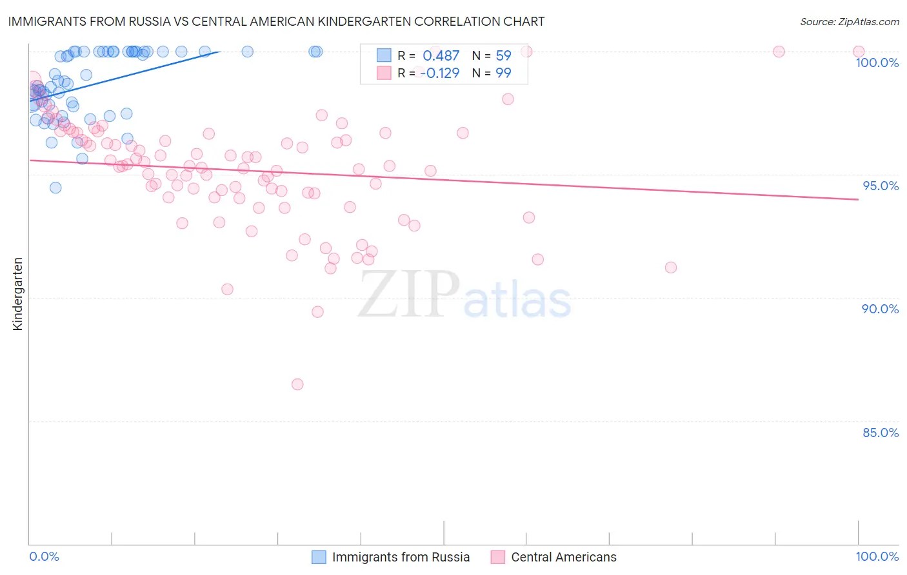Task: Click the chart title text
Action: (x=276, y=21)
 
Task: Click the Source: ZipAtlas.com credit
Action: (x=849, y=21)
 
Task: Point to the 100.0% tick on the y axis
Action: (x=877, y=63)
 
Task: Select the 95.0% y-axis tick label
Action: (x=881, y=186)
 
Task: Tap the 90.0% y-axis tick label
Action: (x=880, y=309)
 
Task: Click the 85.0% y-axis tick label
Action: (x=881, y=433)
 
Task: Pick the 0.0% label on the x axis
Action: (x=44, y=556)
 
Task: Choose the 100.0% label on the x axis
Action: (x=877, y=556)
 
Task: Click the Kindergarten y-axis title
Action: (x=17, y=294)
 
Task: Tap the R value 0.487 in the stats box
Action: (x=441, y=56)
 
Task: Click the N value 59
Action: (x=503, y=56)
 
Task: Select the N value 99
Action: (x=503, y=73)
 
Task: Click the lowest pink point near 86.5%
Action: (x=297, y=384)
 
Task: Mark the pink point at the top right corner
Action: (x=859, y=52)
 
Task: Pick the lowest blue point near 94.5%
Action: (x=55, y=188)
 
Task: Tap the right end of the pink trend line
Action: (x=858, y=200)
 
